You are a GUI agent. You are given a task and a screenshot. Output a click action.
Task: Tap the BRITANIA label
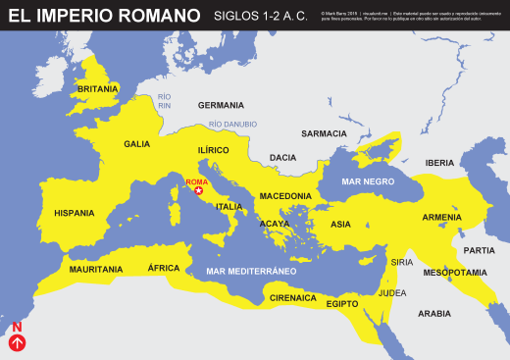pos(98,88)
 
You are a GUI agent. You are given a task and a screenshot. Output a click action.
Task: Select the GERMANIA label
pos(221,105)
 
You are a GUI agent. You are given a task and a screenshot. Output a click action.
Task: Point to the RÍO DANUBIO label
pos(232,125)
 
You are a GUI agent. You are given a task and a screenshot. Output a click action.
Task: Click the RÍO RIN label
pos(164,101)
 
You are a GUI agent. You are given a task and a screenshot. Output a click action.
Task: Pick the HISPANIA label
pos(75,213)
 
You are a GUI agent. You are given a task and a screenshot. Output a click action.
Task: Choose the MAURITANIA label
pos(96,269)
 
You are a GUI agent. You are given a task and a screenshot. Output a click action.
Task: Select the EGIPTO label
pos(342,303)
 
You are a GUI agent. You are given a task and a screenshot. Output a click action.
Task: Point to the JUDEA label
pos(392,292)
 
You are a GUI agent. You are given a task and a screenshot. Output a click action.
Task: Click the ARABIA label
pos(434,314)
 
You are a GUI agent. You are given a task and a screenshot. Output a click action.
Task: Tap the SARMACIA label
pos(324,133)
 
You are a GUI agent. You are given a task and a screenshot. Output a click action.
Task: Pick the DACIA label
pos(282,157)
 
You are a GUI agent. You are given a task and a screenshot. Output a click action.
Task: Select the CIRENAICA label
pos(293,297)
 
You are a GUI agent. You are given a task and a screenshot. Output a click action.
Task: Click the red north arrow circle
pos(17,343)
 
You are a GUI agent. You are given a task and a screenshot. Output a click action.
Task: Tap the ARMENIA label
pos(441,218)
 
